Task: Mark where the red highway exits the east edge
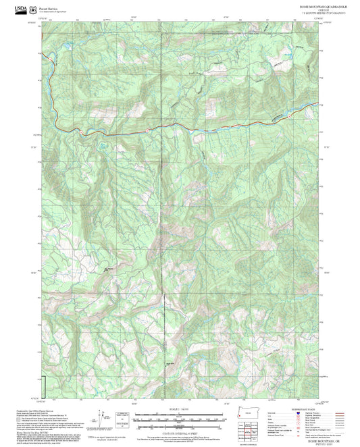(317, 103)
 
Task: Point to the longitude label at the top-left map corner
(43, 19)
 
